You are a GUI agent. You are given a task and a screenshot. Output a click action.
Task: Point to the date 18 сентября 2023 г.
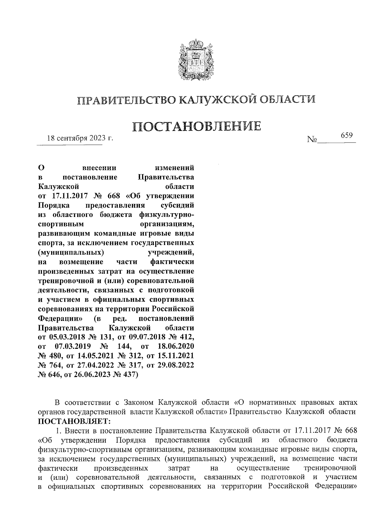(x=79, y=138)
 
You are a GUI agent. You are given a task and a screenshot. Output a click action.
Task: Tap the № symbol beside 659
(x=312, y=140)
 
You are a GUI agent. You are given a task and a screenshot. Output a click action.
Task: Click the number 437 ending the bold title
(x=131, y=375)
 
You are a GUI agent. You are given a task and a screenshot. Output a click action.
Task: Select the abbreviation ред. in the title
(x=119, y=319)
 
